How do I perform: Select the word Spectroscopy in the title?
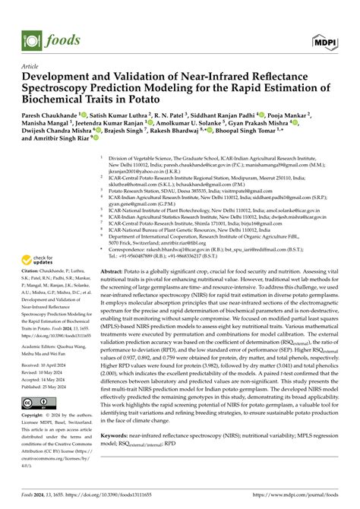pos(62,87)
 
